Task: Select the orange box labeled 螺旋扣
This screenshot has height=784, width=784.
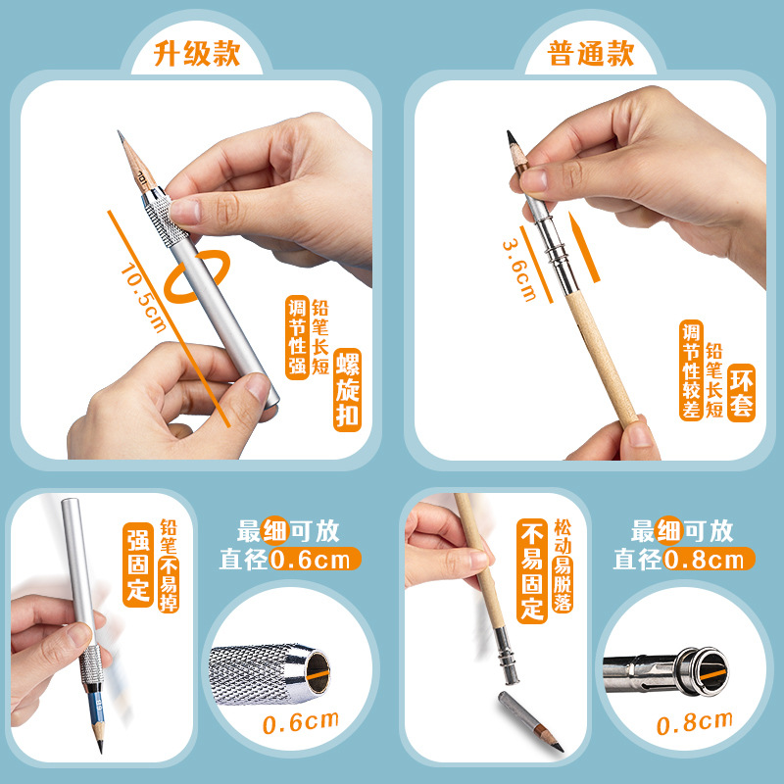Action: point(348,390)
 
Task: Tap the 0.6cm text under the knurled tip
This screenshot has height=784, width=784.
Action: point(300,723)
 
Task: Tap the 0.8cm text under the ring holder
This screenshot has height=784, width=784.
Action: point(694,725)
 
